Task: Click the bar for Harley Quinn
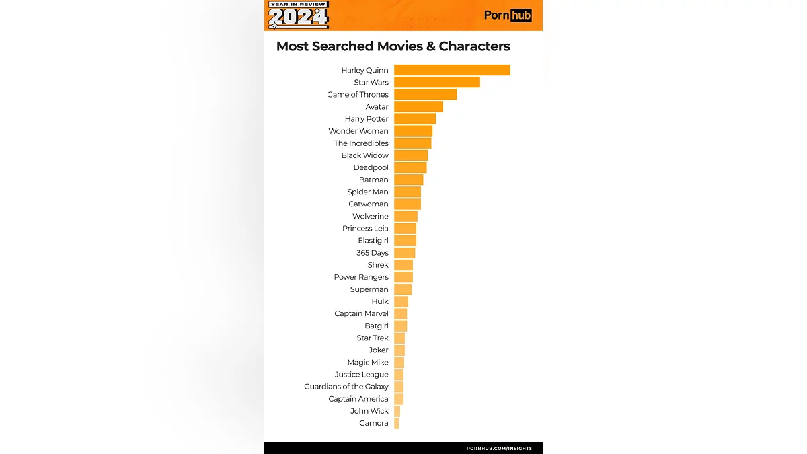coord(452,70)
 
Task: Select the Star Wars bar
coord(437,82)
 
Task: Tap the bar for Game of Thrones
coord(425,94)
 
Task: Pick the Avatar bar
coord(418,106)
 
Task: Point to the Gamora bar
coord(397,423)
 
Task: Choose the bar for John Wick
coord(397,411)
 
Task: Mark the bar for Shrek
coord(403,265)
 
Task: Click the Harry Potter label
coord(367,119)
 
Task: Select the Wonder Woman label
coord(358,131)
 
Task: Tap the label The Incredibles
coord(361,143)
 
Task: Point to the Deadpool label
coord(371,167)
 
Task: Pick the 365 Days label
coord(373,253)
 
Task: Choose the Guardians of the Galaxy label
coord(346,387)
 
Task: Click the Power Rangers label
coord(361,277)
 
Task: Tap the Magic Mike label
coord(368,363)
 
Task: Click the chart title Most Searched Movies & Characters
coord(393,46)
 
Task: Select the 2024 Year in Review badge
coord(299,15)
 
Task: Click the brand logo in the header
coord(508,15)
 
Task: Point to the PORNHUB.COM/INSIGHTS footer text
coord(499,448)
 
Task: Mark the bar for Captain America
coord(399,399)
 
